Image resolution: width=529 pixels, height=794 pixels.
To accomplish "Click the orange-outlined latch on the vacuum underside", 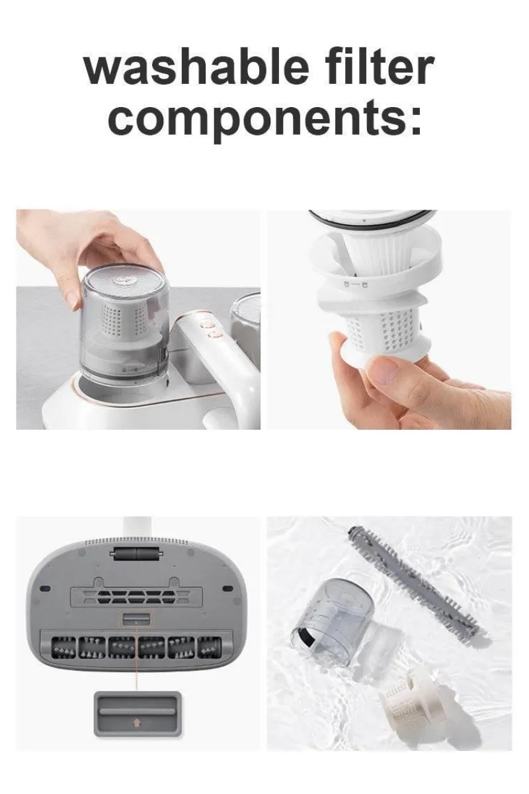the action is tap(136, 619).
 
